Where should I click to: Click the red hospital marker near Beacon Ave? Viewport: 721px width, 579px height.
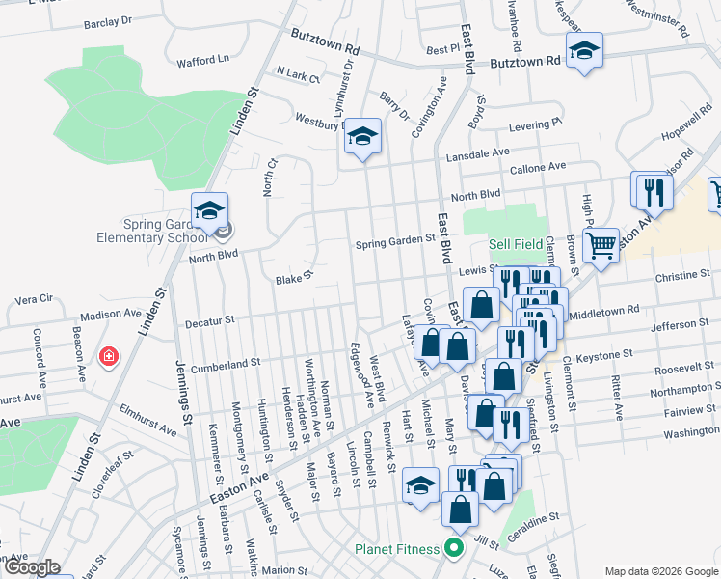pos(110,357)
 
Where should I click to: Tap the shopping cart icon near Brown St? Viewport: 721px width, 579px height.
pos(601,246)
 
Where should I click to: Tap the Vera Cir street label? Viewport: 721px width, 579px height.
pos(33,298)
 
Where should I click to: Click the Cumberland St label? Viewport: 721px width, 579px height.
pos(227,364)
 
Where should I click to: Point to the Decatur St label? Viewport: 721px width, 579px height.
pos(210,318)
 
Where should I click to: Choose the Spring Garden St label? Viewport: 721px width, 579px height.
pos(389,241)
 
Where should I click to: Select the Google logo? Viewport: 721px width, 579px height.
pos(32,568)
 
